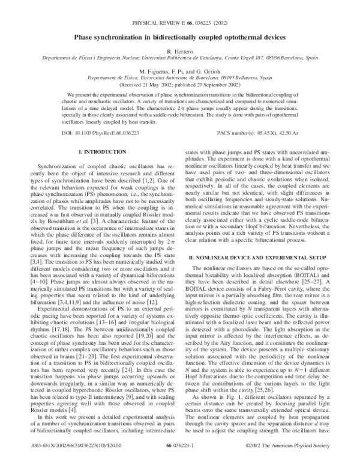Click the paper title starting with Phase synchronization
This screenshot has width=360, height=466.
click(x=179, y=37)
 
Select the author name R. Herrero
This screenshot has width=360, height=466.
click(x=179, y=53)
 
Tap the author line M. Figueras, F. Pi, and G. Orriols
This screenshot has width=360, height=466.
click(x=179, y=71)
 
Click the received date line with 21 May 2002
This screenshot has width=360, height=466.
click(x=179, y=85)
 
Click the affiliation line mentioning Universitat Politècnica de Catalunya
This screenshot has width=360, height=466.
click(x=179, y=60)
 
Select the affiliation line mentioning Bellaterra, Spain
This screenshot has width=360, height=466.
click(x=179, y=78)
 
